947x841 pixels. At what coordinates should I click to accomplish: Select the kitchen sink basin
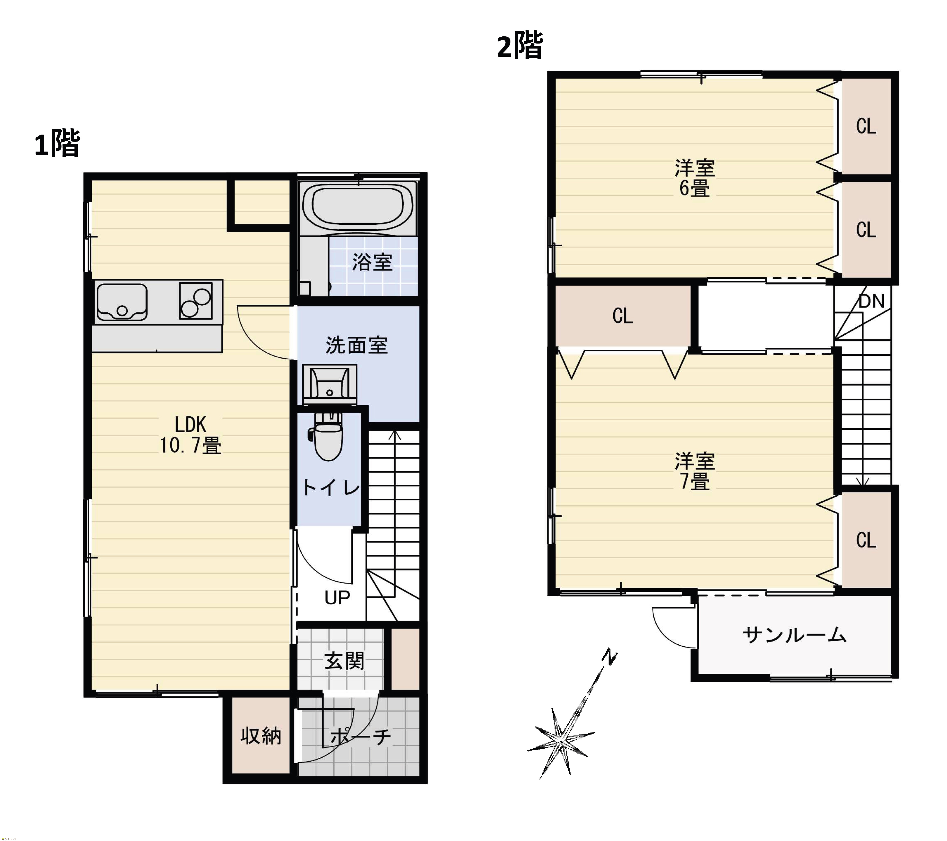[x=122, y=302]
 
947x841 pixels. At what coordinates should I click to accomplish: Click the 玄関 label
[x=344, y=661]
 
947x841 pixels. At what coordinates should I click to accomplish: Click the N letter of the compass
[x=610, y=657]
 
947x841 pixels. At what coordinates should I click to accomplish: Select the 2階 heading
[x=519, y=46]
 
